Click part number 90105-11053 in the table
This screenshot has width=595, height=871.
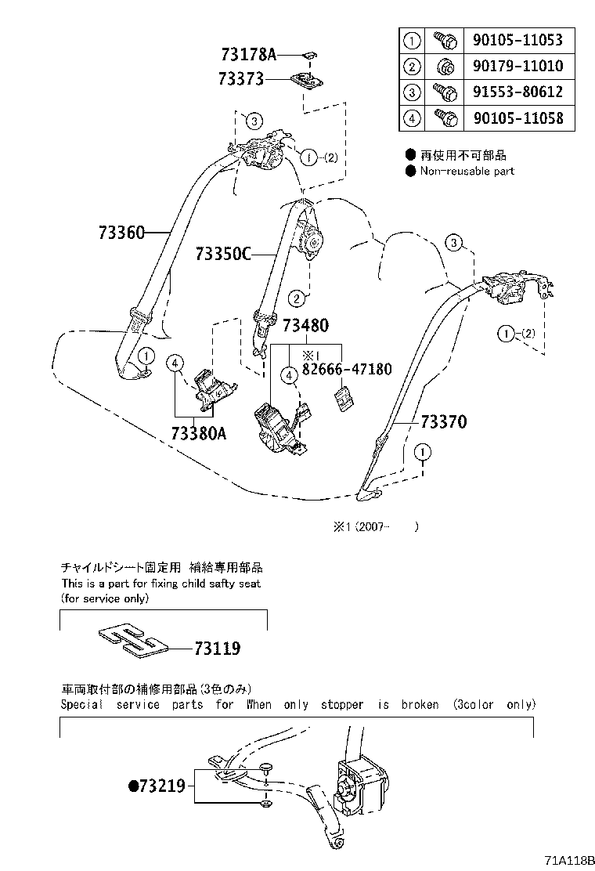click(517, 40)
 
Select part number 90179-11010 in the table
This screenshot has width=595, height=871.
click(517, 66)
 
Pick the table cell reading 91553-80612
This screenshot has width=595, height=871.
click(517, 92)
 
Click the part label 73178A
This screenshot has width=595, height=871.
click(248, 55)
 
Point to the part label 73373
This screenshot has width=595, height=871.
click(242, 78)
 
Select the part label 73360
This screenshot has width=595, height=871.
click(122, 233)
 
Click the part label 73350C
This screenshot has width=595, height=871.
click(223, 254)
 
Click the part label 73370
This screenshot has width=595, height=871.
click(443, 422)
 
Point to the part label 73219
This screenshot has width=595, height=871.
click(161, 786)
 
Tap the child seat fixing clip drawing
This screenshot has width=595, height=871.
click(134, 639)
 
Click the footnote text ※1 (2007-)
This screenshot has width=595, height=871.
click(374, 527)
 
